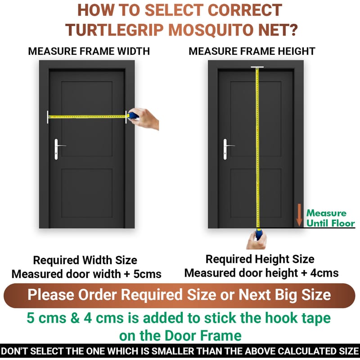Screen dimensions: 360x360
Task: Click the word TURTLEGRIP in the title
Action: [115, 30]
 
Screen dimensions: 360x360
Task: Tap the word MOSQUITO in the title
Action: [211, 30]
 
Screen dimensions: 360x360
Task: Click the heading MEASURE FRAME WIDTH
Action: [89, 51]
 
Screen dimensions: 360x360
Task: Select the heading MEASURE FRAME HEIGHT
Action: [252, 51]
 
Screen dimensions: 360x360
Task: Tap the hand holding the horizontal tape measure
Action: [144, 119]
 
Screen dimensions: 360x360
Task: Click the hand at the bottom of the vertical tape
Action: [256, 240]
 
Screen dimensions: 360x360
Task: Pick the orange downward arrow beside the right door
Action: [299, 215]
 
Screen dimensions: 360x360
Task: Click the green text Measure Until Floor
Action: [330, 218]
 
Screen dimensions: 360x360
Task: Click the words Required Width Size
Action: [85, 260]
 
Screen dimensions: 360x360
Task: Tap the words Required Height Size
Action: [260, 259]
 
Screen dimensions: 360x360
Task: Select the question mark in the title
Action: [292, 30]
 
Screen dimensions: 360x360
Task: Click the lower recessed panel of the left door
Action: [87, 193]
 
